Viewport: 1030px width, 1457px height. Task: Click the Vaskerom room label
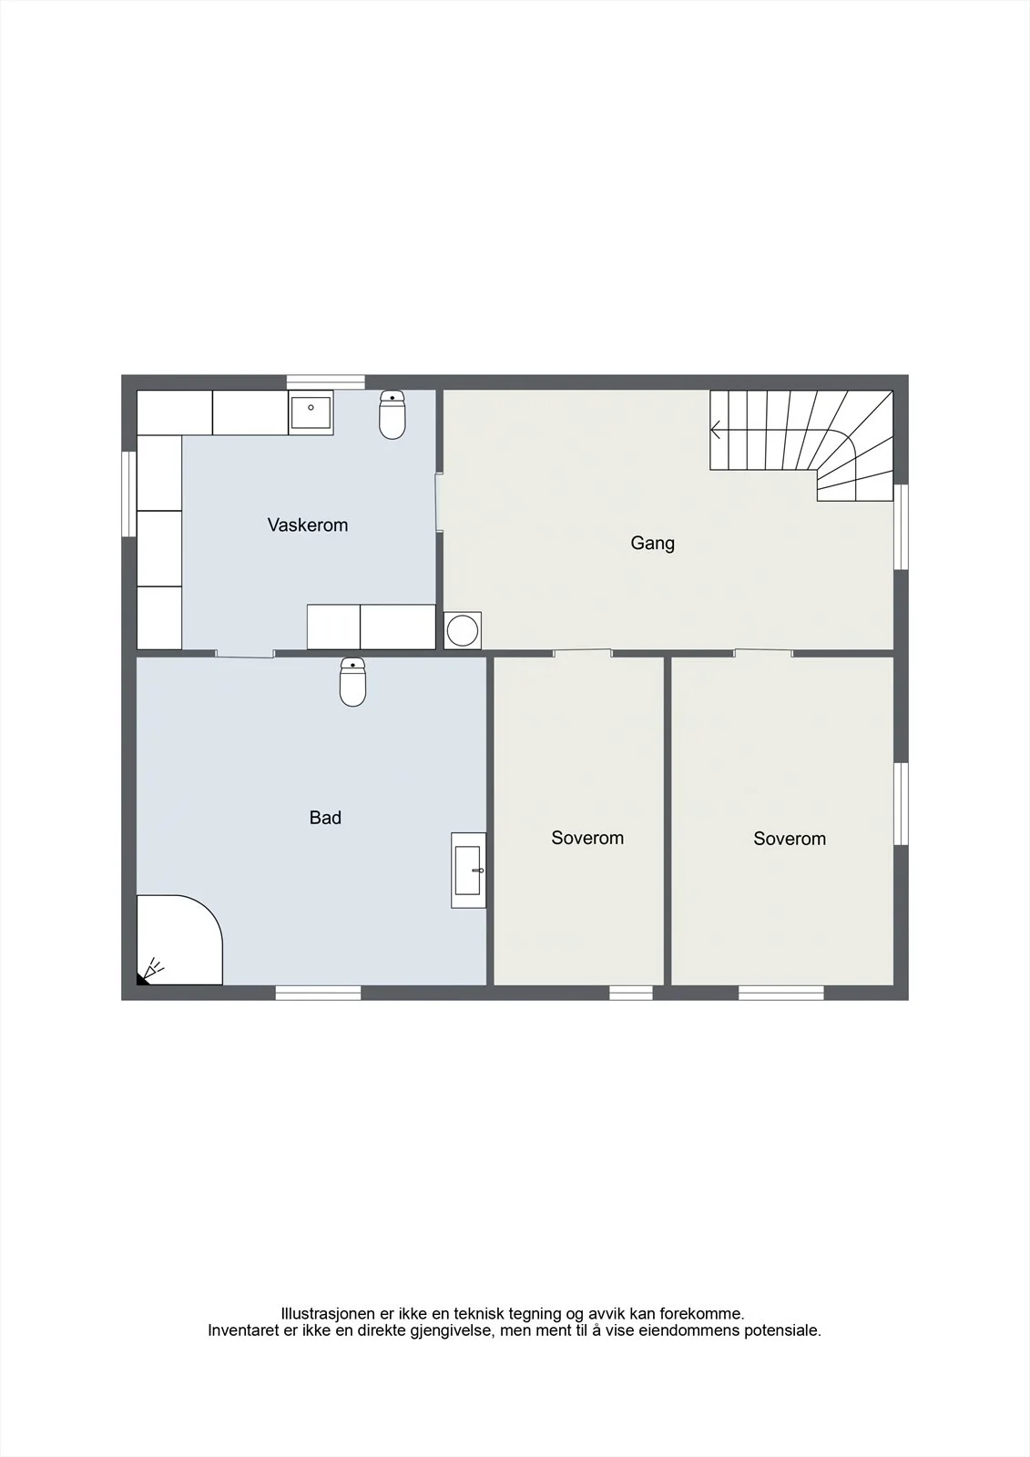pos(308,525)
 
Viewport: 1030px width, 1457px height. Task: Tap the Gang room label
pos(653,543)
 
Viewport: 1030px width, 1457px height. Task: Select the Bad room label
pos(325,818)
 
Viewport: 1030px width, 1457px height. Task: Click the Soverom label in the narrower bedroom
pos(587,838)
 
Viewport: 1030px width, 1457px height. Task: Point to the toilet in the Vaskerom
pos(393,415)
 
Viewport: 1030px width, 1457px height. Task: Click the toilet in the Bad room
pos(352,682)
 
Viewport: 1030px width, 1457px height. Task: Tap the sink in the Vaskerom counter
pos(311,413)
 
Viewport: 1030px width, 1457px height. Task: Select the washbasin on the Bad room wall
pos(468,871)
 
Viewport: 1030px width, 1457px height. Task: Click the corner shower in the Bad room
pos(178,939)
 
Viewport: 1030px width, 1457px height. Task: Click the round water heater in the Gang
pos(463,630)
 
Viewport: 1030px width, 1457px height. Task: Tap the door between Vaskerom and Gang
pos(439,503)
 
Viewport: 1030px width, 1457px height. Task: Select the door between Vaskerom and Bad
pos(245,654)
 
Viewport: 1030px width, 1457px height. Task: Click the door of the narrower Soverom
pos(583,653)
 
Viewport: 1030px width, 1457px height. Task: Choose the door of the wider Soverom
pos(764,653)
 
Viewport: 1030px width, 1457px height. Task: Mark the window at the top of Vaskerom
pos(326,382)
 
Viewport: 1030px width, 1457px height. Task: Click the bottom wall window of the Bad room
pos(318,993)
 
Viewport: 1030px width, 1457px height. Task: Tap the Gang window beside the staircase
pos(902,527)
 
